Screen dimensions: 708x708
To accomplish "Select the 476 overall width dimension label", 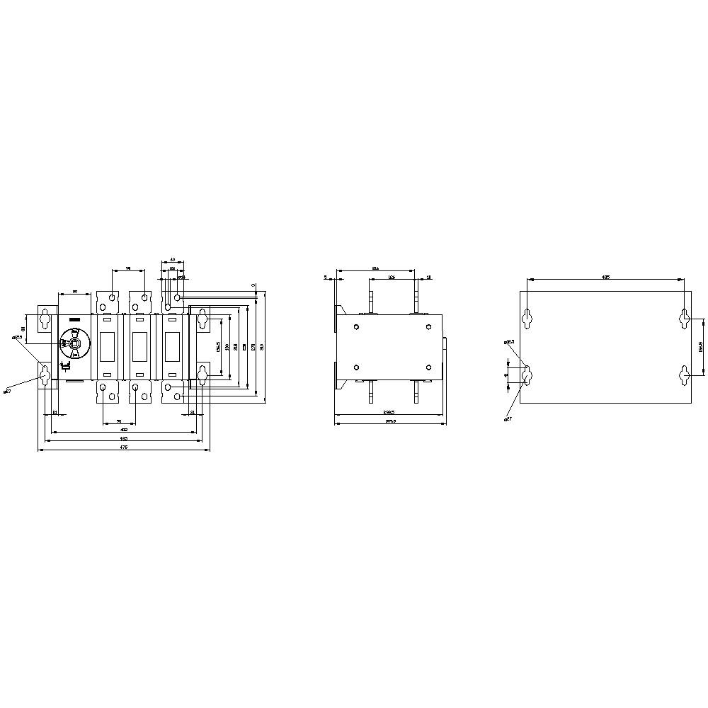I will (123, 447).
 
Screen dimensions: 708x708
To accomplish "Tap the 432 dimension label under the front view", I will (123, 430).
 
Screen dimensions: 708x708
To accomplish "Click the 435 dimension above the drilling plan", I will (605, 278).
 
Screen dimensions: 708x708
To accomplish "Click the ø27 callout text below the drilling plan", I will (508, 419).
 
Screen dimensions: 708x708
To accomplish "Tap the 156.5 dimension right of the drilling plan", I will (700, 347).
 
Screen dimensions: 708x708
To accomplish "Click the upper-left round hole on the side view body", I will (355, 326).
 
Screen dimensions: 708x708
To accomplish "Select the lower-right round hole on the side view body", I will (429, 367).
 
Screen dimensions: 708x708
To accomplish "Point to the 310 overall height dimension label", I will (262, 346).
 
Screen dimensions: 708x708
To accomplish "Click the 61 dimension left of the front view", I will (23, 328).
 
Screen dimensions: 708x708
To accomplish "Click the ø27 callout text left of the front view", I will (7, 390).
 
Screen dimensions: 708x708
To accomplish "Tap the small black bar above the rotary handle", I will (75, 320).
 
